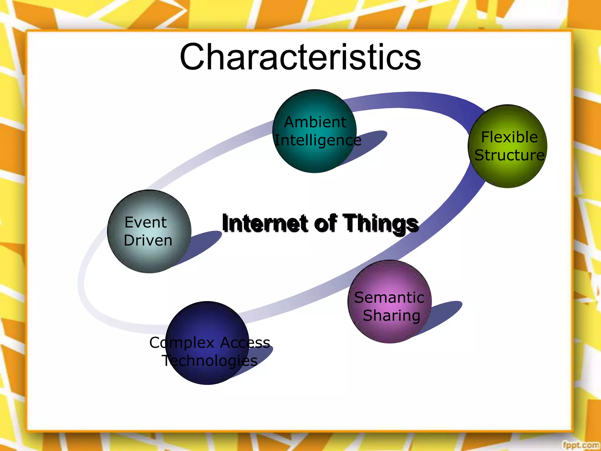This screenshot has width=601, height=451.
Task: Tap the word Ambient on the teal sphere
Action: pos(315,122)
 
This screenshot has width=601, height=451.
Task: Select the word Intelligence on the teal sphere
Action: pos(318,140)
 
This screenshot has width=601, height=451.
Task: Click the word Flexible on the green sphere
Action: pos(509,137)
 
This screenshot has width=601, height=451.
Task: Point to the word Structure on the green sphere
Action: pos(509,155)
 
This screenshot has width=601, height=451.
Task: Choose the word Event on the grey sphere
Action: pos(146,222)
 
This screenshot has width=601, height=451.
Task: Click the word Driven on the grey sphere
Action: pos(148,240)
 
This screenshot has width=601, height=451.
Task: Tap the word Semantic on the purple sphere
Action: pos(389,297)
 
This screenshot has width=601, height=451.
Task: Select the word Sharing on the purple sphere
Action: pos(391,316)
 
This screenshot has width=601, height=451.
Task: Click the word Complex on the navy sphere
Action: pos(182,343)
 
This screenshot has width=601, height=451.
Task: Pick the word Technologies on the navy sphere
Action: pos(210,361)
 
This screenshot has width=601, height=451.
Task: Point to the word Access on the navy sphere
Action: pos(245,343)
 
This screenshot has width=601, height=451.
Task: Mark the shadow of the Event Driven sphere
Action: pos(202,244)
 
